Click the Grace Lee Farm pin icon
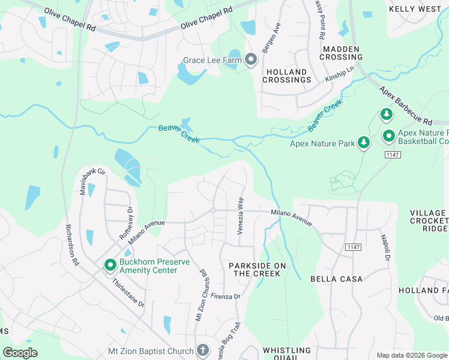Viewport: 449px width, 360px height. (x=251, y=60)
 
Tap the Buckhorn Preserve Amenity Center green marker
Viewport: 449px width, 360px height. (x=110, y=265)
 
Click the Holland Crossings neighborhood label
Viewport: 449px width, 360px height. (x=286, y=76)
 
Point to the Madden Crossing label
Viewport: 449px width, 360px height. (x=341, y=53)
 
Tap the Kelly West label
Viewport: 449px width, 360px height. (x=415, y=9)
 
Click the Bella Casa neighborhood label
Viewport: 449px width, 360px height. (x=336, y=279)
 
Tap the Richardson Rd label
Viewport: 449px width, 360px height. (x=71, y=245)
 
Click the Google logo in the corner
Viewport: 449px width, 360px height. (x=20, y=353)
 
